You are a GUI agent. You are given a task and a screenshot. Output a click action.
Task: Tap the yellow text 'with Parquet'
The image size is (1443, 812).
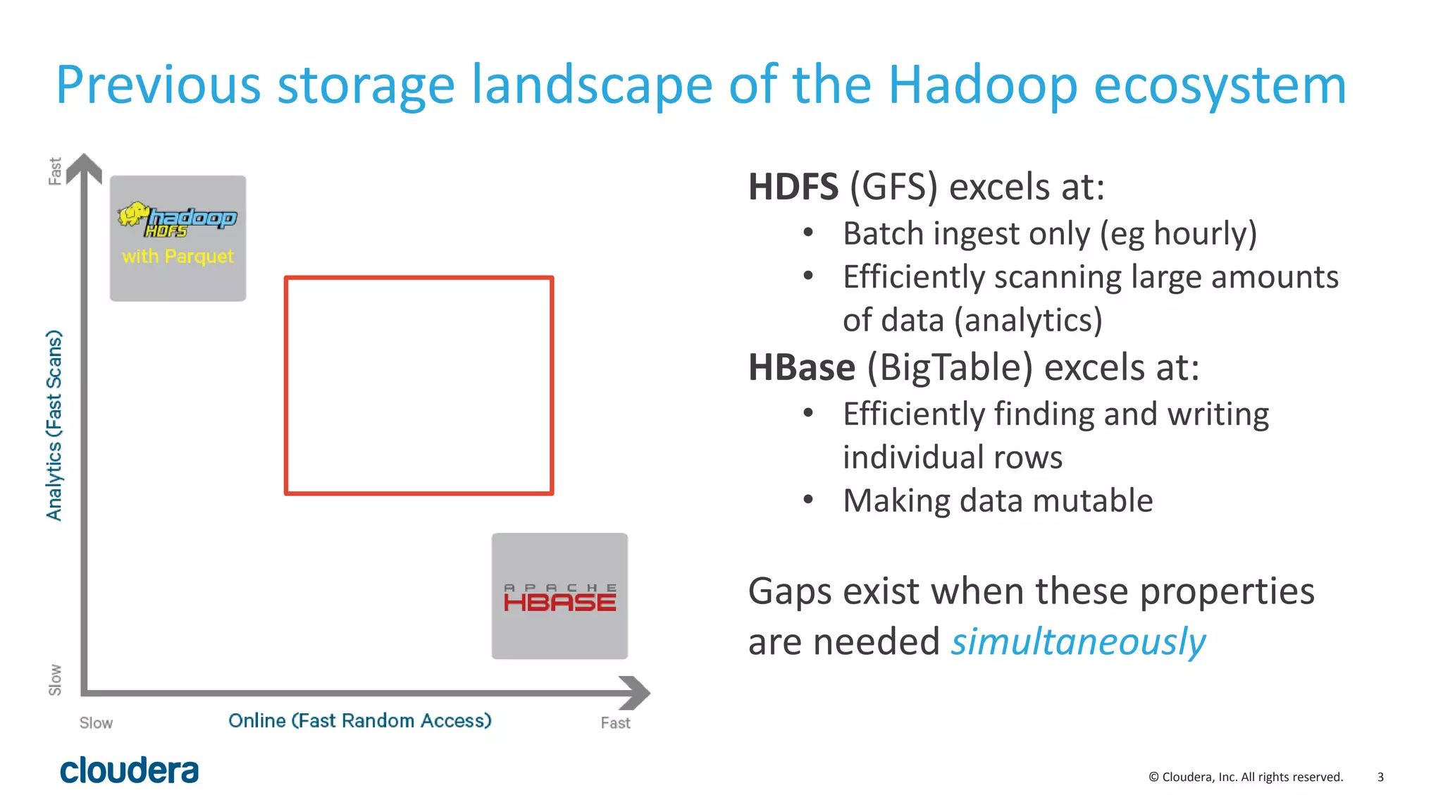[178, 256]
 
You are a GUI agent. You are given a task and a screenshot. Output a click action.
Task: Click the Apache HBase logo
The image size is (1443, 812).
[559, 598]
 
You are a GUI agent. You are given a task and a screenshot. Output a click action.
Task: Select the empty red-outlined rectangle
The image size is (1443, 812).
[419, 386]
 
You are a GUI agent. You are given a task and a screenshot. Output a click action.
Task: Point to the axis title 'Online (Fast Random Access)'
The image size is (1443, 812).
[359, 720]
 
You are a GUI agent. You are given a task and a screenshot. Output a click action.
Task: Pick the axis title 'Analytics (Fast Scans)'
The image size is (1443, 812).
[54, 425]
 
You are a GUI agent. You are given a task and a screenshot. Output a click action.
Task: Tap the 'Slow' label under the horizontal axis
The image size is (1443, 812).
[96, 723]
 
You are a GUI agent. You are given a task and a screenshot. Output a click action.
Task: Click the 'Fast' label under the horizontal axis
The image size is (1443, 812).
[615, 723]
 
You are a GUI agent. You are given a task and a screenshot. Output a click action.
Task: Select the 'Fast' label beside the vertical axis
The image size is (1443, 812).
[55, 171]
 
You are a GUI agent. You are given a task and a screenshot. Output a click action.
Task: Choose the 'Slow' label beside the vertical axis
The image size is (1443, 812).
[55, 679]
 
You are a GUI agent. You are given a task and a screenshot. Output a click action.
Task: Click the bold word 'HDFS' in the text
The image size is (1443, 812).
[793, 187]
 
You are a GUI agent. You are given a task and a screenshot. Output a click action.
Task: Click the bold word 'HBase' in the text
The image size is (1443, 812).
[801, 368]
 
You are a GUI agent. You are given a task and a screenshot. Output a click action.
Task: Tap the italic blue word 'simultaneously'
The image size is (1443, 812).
[1078, 642]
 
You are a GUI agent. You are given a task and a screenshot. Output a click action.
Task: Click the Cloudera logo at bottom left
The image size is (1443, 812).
[129, 770]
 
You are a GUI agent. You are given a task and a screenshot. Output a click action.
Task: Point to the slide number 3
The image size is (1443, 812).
[1380, 777]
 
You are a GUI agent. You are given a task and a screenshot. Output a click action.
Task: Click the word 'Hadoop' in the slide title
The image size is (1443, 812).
[982, 85]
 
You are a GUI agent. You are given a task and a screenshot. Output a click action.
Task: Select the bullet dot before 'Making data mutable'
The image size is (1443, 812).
[808, 500]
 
